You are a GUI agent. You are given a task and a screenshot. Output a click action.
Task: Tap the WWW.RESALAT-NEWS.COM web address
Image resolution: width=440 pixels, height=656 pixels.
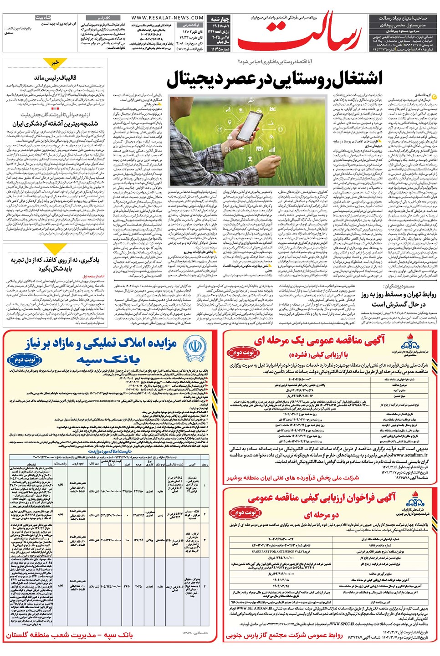click(x=167, y=18)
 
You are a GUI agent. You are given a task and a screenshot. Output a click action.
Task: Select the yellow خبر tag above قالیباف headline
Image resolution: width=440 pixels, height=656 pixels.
click(x=55, y=62)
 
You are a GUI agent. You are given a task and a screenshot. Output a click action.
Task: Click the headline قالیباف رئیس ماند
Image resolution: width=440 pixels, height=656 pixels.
click(x=55, y=77)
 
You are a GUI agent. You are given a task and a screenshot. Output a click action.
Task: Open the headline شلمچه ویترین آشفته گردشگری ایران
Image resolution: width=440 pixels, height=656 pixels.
click(x=55, y=123)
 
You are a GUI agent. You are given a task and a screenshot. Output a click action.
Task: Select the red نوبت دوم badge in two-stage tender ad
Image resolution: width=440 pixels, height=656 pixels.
click(x=246, y=512)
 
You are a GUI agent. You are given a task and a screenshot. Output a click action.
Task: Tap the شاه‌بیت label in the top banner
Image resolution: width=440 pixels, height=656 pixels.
click(x=43, y=18)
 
